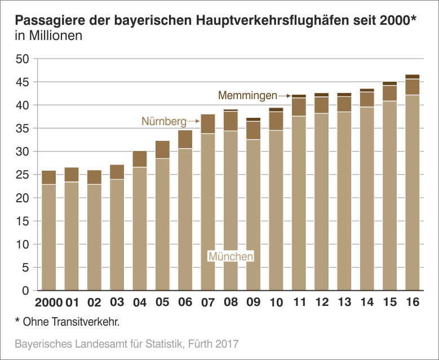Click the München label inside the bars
(230, 256)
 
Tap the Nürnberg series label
(163, 121)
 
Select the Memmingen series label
(247, 95)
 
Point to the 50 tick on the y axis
(22, 59)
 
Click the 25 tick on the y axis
(22, 175)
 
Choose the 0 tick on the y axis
(25, 291)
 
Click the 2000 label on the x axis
(48, 303)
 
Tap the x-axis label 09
(253, 303)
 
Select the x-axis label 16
(413, 303)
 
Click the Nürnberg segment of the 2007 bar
(208, 124)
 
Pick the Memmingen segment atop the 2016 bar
(413, 77)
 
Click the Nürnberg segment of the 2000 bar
(48, 177)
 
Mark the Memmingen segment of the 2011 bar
(299, 96)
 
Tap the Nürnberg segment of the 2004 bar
(140, 159)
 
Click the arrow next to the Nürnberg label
(193, 121)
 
